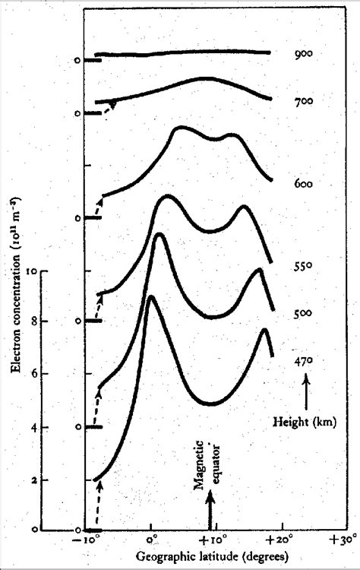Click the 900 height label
click(304, 55)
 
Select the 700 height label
click(304, 101)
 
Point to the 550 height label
click(304, 267)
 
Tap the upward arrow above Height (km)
click(305, 393)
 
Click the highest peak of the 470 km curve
click(151, 296)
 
